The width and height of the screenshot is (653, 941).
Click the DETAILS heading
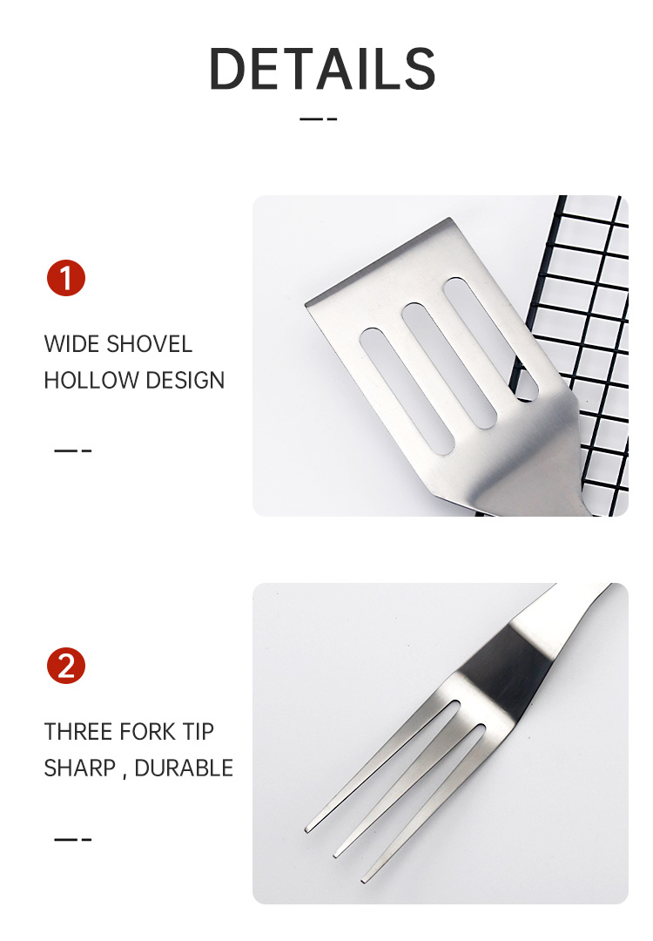(322, 69)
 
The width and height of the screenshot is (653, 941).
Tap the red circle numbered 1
(66, 278)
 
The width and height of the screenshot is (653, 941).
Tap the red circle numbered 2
(66, 666)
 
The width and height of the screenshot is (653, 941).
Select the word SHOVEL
(149, 344)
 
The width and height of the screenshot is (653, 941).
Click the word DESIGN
(185, 381)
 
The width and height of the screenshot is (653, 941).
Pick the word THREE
(78, 732)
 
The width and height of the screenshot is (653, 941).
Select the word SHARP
(80, 768)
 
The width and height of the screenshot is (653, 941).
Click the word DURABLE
(184, 768)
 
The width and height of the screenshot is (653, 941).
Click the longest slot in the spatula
(407, 390)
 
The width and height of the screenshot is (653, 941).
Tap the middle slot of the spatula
(449, 367)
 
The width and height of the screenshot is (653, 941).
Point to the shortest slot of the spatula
(490, 340)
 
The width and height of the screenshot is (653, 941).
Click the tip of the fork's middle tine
(336, 854)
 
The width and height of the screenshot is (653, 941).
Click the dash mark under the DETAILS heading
(319, 118)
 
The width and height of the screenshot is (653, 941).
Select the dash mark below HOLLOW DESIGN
(73, 450)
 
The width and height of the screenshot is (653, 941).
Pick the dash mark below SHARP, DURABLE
(73, 839)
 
